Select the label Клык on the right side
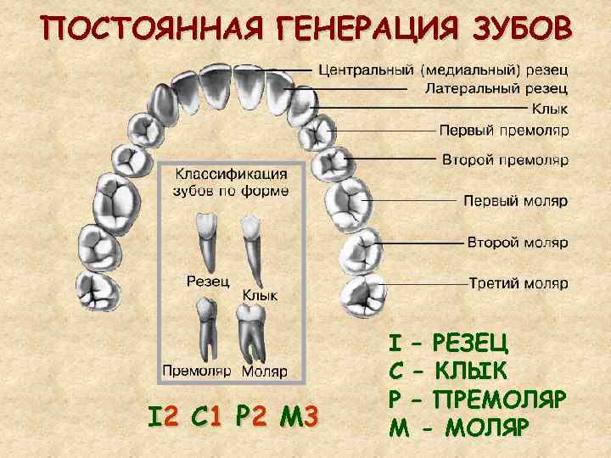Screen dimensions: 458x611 pyautogui.click(x=550, y=109)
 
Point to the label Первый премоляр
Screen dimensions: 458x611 pyautogui.click(x=504, y=131)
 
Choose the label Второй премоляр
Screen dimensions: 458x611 pyautogui.click(x=505, y=159)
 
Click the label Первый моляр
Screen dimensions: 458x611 pyautogui.click(x=516, y=201)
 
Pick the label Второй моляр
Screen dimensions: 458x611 pyautogui.click(x=518, y=243)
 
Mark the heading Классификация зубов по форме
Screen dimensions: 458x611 pyautogui.click(x=231, y=182)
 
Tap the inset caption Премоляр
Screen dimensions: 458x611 pyautogui.click(x=197, y=371)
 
